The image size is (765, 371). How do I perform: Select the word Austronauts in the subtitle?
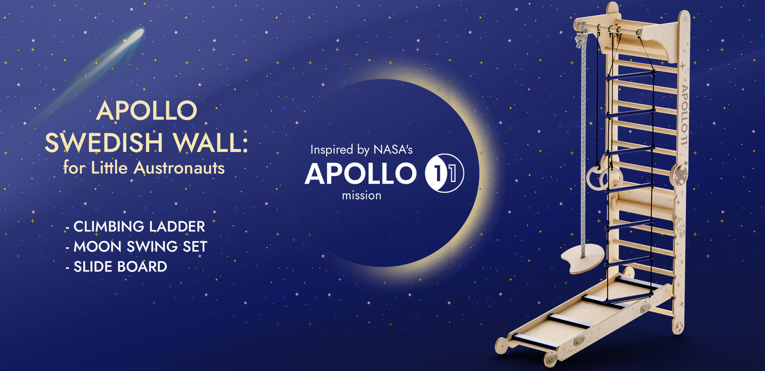pos(179,168)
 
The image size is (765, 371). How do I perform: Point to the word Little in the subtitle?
pos(109,168)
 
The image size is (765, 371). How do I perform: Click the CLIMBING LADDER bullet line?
pos(136,227)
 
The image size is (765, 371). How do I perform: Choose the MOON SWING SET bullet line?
pos(137,247)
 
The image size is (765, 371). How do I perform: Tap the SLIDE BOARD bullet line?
pos(117,267)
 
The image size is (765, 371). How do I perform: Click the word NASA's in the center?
pos(393,150)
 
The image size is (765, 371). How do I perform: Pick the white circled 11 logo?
pos(444,173)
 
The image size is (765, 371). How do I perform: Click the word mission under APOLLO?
pos(361,196)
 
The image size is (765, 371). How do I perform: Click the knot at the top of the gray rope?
pos(581,38)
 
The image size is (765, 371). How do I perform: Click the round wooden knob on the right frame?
pos(679,175)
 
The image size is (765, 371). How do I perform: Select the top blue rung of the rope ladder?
pos(631,75)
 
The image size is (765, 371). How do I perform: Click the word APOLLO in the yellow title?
pos(146,110)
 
